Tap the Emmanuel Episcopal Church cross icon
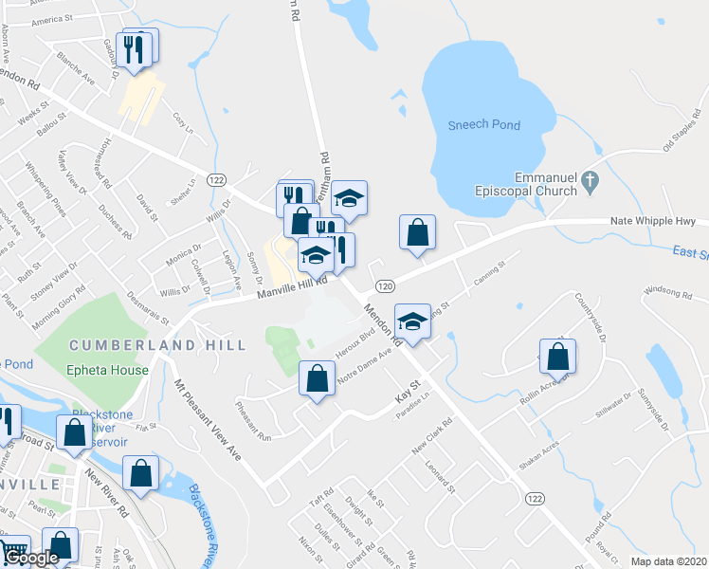[590, 179]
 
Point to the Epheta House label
[107, 370]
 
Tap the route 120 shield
[384, 285]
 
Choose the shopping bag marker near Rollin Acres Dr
[558, 358]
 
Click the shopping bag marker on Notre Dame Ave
[317, 379]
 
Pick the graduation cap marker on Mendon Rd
[413, 322]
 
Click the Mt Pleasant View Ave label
[208, 422]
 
